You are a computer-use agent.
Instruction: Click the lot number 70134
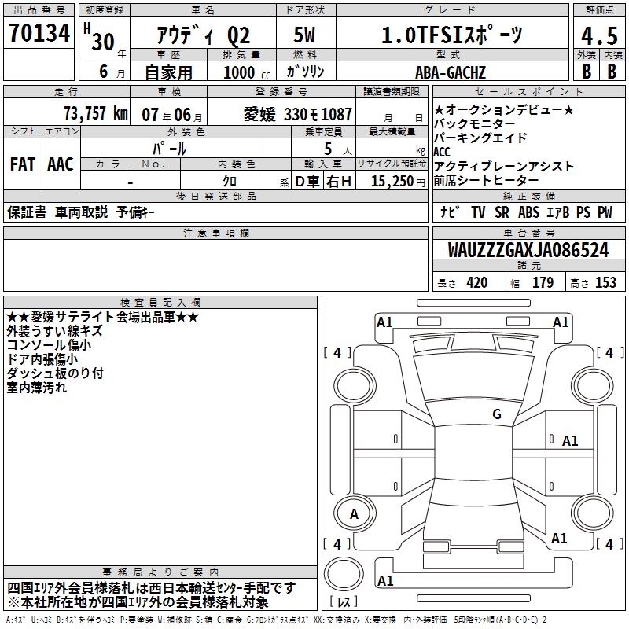click(39, 32)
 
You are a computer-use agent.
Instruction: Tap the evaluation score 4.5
click(599, 35)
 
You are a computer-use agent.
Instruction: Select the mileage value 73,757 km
click(96, 113)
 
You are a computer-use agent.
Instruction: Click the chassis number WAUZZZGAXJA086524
click(528, 250)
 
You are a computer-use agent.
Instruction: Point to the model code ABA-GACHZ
click(451, 72)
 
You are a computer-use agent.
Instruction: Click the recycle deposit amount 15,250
click(392, 181)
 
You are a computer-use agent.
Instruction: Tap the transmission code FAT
click(23, 164)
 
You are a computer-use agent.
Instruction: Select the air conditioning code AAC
click(61, 164)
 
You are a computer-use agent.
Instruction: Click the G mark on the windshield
click(497, 414)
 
